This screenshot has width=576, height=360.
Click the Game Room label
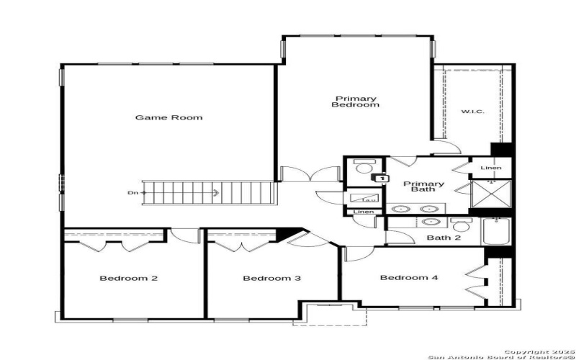tap(169, 117)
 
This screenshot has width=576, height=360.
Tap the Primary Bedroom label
tap(355, 102)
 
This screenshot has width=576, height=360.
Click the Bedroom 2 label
tap(129, 279)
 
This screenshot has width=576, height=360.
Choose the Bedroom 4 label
tap(409, 278)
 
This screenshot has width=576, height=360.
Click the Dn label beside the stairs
tap(132, 192)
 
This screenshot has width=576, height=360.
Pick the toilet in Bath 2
tap(461, 225)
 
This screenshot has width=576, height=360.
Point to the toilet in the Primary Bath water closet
tap(360, 167)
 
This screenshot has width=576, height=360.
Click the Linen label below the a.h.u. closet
tap(362, 212)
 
